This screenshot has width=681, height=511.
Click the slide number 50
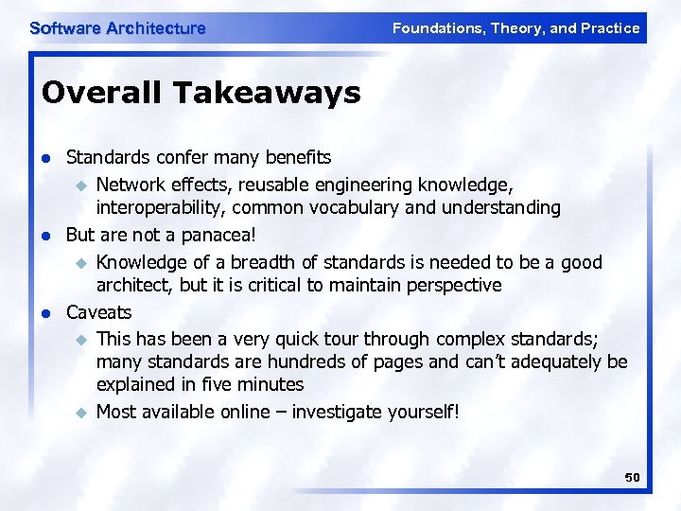pyautogui.click(x=632, y=478)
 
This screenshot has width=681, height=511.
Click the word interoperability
pyautogui.click(x=160, y=207)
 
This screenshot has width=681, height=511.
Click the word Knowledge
pyautogui.click(x=140, y=261)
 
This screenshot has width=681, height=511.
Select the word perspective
pyautogui.click(x=453, y=285)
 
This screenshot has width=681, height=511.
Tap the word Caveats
pyautogui.click(x=98, y=312)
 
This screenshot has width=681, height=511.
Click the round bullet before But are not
pyautogui.click(x=44, y=236)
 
